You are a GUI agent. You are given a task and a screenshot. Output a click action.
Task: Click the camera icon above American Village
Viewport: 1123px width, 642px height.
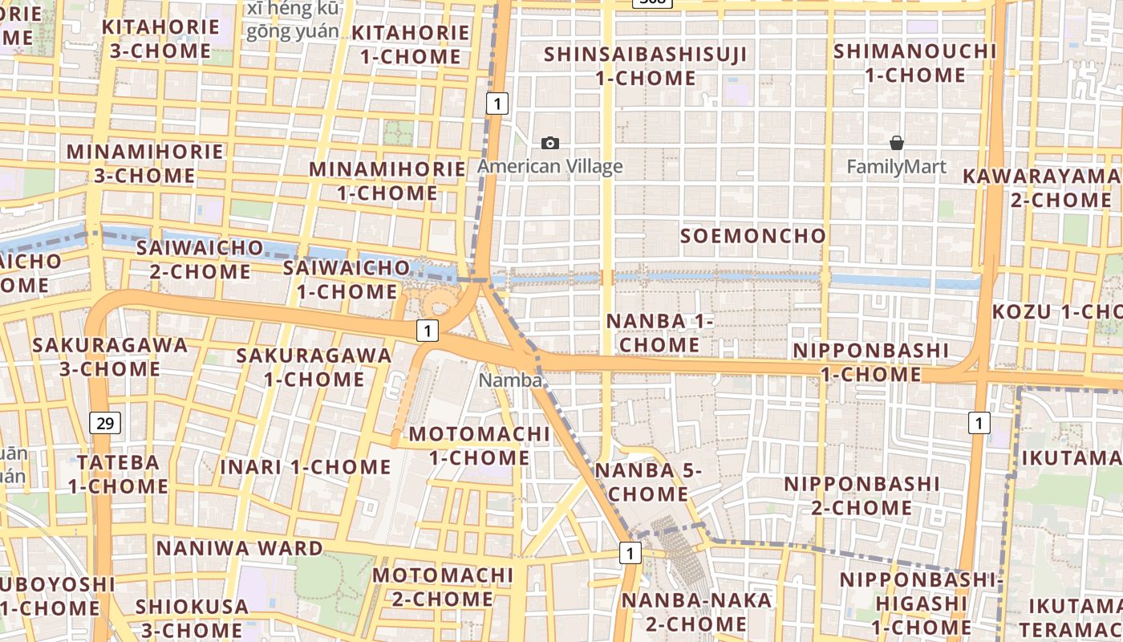click(x=550, y=143)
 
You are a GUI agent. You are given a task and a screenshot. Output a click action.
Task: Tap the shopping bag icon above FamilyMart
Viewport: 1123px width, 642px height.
click(x=897, y=143)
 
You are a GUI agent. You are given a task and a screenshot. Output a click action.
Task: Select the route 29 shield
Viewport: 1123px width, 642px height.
click(x=104, y=423)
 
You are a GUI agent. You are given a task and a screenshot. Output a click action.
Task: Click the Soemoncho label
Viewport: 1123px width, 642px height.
click(x=752, y=236)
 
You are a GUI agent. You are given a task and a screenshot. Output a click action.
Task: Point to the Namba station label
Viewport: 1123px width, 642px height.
click(x=510, y=380)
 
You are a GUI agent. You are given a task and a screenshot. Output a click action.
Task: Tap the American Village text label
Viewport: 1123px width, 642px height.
click(x=550, y=167)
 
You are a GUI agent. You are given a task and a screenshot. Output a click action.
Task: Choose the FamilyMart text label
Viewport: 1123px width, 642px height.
click(x=897, y=167)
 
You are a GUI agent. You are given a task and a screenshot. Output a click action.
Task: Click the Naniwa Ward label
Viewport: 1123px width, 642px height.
click(x=239, y=549)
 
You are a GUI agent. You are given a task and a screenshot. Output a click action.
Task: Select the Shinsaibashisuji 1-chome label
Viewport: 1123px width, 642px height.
click(x=645, y=67)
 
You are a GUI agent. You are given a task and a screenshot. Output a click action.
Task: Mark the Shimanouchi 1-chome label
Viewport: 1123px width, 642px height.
click(x=914, y=63)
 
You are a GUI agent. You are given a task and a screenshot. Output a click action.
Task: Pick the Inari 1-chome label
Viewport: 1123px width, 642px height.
click(x=306, y=467)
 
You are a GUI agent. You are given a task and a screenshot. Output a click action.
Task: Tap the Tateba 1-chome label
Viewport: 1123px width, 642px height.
click(x=118, y=474)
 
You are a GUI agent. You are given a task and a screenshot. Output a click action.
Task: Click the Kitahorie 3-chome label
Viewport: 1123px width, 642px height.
click(x=161, y=39)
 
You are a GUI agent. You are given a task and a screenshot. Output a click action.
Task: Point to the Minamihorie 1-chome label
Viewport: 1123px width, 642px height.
click(x=387, y=181)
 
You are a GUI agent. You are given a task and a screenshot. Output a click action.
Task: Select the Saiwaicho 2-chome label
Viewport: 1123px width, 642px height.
click(x=200, y=259)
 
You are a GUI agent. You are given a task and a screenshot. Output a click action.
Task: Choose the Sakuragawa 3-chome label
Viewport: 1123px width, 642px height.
click(x=110, y=357)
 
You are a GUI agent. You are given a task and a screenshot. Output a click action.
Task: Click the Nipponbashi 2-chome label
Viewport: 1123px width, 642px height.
click(x=862, y=496)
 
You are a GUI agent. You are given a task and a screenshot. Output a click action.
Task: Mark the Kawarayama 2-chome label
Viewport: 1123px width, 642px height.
click(x=1043, y=188)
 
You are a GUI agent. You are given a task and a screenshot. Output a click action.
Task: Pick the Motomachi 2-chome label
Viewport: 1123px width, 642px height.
click(x=443, y=587)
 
